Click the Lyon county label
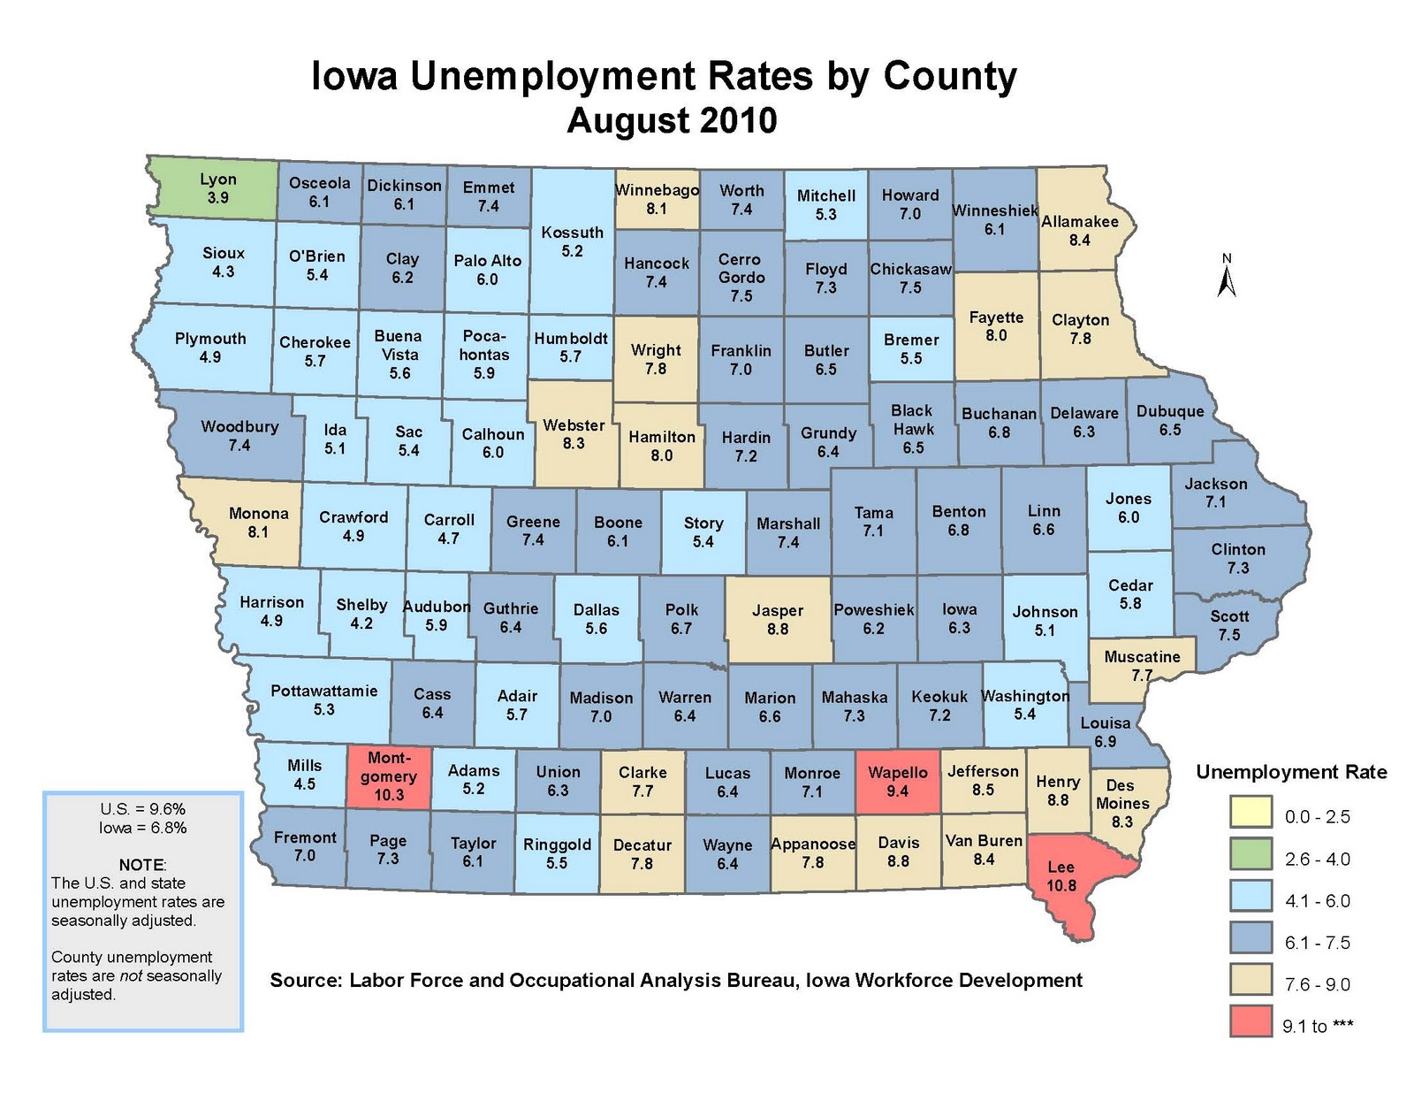pos(217,179)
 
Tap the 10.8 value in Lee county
pos(1061,885)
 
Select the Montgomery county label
pos(389,767)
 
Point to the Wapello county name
pos(898,772)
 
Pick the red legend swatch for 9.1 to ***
pos(1250,1021)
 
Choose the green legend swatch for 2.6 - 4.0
pos(1250,859)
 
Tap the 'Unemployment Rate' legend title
pos(1290,772)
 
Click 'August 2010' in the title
pos(672,120)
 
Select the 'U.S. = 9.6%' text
pos(143,809)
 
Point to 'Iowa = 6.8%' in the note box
pos(143,829)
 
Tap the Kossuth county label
pos(573,233)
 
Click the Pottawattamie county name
pos(323,691)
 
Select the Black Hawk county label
pos(913,420)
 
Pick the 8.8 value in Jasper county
pos(778,630)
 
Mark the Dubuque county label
pos(1170,411)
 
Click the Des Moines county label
pos(1121,794)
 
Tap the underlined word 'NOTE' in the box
pos(141,864)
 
